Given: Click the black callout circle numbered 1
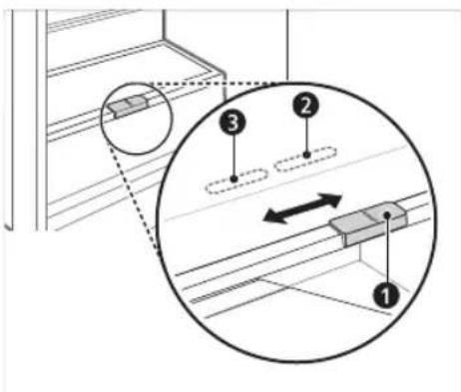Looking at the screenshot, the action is [385, 295].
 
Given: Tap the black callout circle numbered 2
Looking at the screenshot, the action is [305, 106].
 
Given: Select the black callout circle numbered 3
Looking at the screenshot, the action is [233, 123].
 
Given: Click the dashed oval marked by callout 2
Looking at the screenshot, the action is [304, 159].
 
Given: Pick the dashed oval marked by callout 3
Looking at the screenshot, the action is [236, 182].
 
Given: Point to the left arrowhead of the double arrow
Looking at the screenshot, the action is [271, 217].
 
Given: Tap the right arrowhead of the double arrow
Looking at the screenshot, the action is [331, 199].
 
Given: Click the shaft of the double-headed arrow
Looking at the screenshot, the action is [302, 208].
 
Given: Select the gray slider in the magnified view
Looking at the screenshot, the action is [368, 223].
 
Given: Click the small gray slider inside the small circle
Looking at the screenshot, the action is [128, 106].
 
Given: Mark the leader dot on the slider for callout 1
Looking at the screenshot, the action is [387, 215].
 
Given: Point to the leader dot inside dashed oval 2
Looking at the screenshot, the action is [306, 155].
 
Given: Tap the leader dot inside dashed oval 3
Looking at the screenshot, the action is [234, 179].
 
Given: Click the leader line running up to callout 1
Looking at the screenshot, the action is [386, 250].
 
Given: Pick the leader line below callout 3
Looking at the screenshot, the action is [233, 156].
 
